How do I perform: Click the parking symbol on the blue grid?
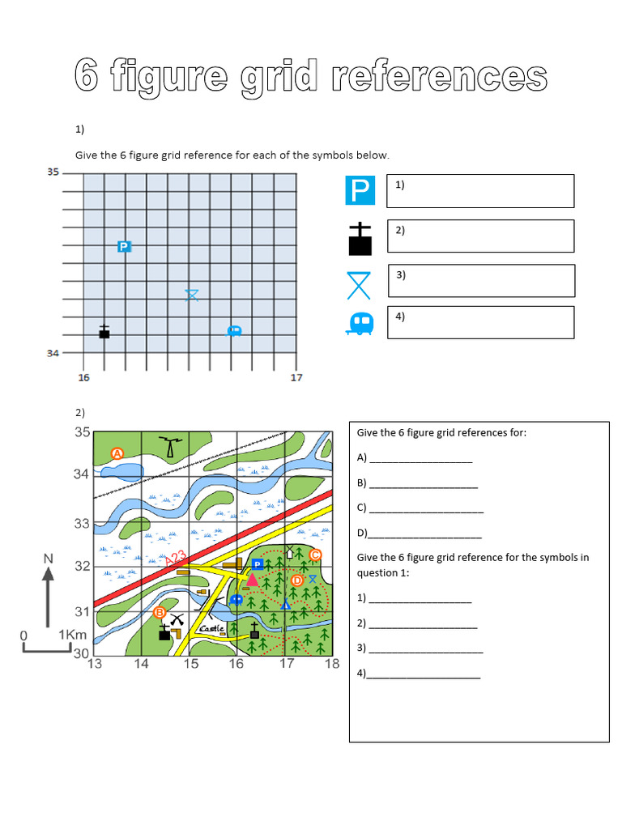[x=124, y=246]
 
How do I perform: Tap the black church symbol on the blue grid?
[x=104, y=331]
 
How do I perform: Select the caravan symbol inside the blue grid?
[x=234, y=330]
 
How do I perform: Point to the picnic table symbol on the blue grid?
[x=191, y=295]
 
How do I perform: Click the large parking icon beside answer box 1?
[x=360, y=191]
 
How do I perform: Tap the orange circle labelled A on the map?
[x=117, y=453]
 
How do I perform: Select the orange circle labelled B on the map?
[x=160, y=613]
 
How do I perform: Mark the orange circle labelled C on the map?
[x=315, y=555]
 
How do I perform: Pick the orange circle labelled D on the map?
[x=296, y=580]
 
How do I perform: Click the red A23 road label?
[x=176, y=558]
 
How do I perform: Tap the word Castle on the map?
[x=212, y=628]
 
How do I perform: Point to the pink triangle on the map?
[x=252, y=580]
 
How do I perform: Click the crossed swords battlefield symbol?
[x=178, y=621]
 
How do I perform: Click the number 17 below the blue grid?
[x=296, y=377]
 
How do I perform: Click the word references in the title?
[x=428, y=77]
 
